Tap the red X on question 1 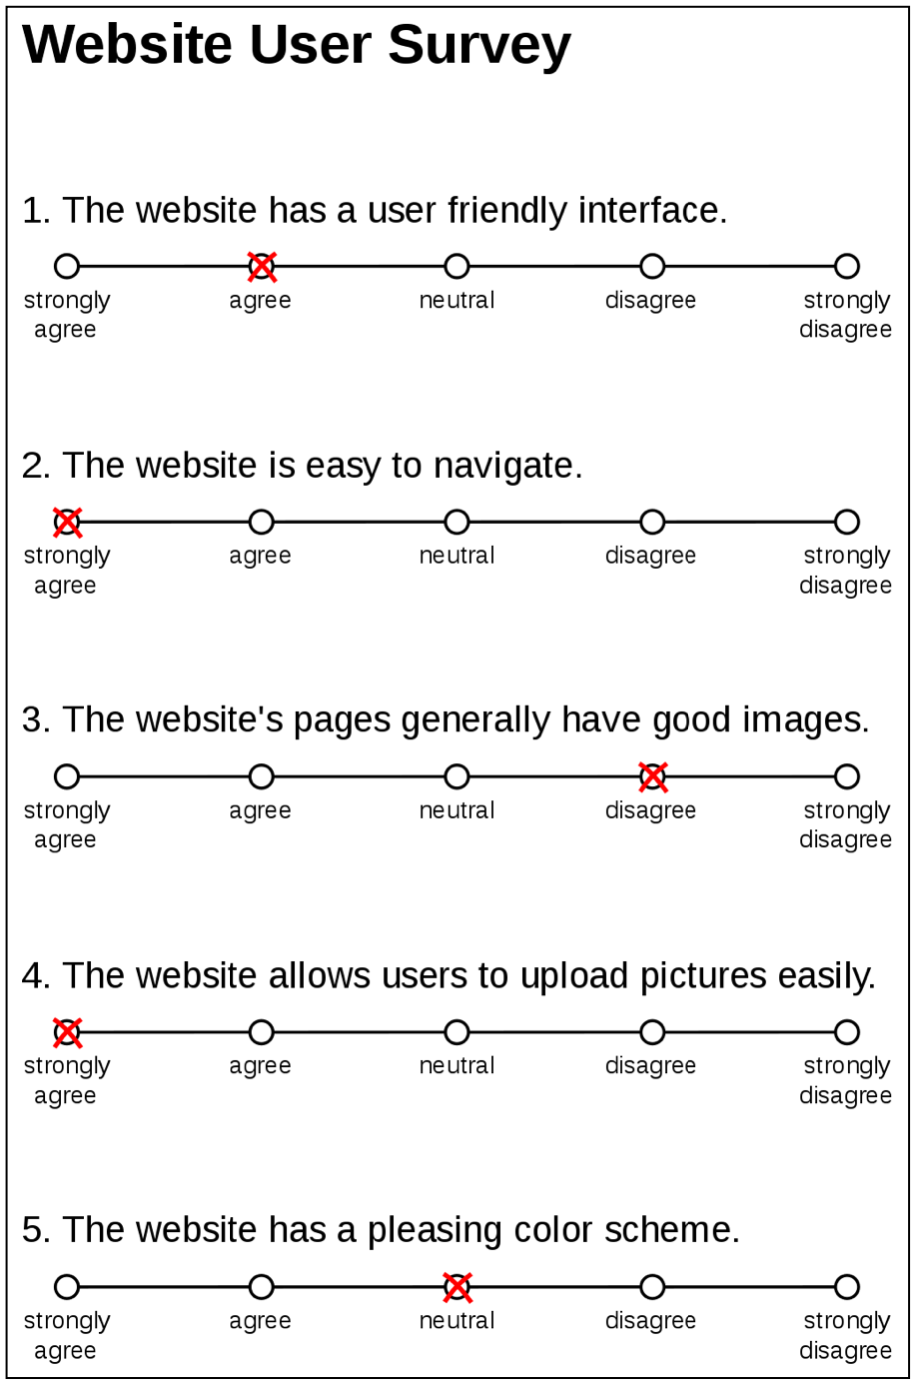pyautogui.click(x=261, y=266)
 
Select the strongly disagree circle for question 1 pyautogui.click(x=846, y=266)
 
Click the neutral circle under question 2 pyautogui.click(x=456, y=522)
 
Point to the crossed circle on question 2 pyautogui.click(x=67, y=522)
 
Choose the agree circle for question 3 pyautogui.click(x=261, y=776)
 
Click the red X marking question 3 pyautogui.click(x=652, y=776)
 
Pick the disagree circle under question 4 pyautogui.click(x=652, y=1032)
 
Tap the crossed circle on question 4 pyautogui.click(x=67, y=1032)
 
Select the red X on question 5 pyautogui.click(x=456, y=1287)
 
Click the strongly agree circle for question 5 pyautogui.click(x=67, y=1287)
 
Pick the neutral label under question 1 pyautogui.click(x=456, y=300)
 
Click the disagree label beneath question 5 pyautogui.click(x=651, y=1321)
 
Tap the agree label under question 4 pyautogui.click(x=260, y=1066)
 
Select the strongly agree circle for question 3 pyautogui.click(x=67, y=776)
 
